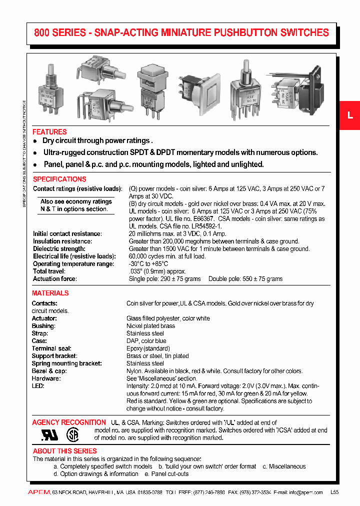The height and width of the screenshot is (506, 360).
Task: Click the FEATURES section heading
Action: (x=49, y=132)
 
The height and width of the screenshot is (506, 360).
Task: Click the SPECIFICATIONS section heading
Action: (x=59, y=179)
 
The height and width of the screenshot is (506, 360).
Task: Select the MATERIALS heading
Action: (x=50, y=293)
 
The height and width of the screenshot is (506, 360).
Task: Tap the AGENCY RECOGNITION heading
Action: (x=69, y=422)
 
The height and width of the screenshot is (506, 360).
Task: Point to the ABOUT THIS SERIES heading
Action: (x=64, y=451)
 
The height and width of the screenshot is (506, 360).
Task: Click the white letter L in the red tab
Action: (x=350, y=115)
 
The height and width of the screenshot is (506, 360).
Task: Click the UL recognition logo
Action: (x=49, y=434)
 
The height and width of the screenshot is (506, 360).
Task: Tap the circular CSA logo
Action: (x=73, y=434)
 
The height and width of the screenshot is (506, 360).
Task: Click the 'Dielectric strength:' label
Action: (x=59, y=248)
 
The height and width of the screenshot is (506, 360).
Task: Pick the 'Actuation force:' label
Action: (x=55, y=278)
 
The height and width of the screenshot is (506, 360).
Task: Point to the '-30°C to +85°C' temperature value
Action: (x=149, y=263)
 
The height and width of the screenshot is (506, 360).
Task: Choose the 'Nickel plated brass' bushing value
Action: (x=150, y=326)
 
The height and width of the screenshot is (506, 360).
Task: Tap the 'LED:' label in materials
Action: (x=38, y=386)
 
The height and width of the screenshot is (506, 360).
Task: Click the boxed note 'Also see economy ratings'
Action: (x=76, y=201)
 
